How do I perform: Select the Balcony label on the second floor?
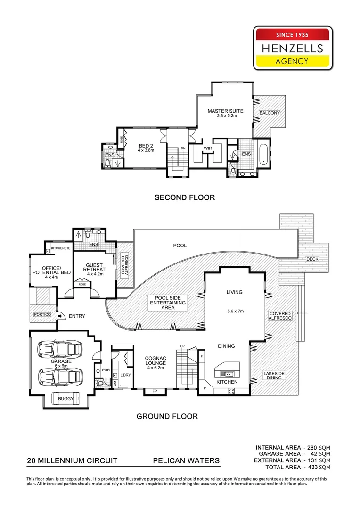(270, 113)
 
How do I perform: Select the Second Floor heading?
(185, 197)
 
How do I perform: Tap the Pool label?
(180, 246)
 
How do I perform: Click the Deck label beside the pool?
(312, 260)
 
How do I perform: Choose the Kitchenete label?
(60, 248)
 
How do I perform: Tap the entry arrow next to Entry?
(60, 316)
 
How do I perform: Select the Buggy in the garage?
(65, 398)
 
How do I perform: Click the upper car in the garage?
(60, 349)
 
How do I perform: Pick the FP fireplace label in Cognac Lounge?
(155, 391)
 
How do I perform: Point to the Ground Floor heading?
(167, 416)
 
